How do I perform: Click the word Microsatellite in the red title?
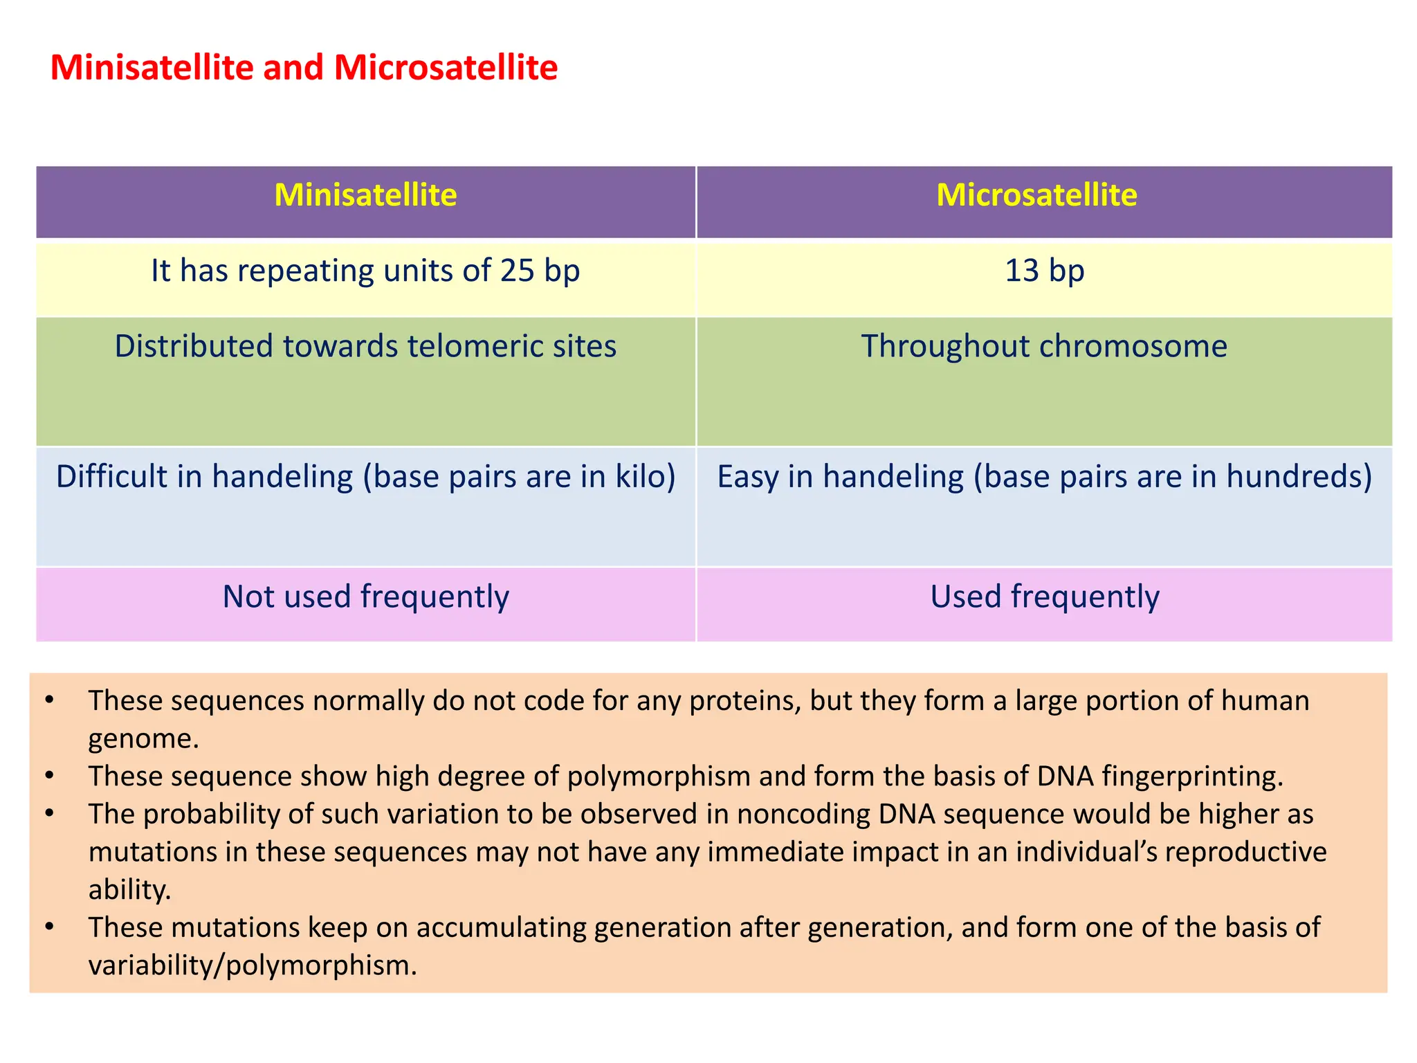[446, 68]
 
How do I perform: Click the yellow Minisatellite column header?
[365, 195]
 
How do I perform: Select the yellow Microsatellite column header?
[1036, 195]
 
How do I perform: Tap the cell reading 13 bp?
[1044, 271]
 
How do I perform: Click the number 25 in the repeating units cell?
[517, 271]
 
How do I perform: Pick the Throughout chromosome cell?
[1044, 346]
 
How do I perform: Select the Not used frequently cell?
[365, 597]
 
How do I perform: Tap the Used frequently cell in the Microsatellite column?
[1044, 597]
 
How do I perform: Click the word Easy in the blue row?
[747, 477]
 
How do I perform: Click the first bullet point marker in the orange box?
[48, 700]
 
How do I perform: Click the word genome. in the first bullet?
[143, 738]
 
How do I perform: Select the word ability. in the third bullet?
[129, 889]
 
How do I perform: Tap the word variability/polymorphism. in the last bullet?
[253, 965]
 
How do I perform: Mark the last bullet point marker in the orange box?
[48, 927]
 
